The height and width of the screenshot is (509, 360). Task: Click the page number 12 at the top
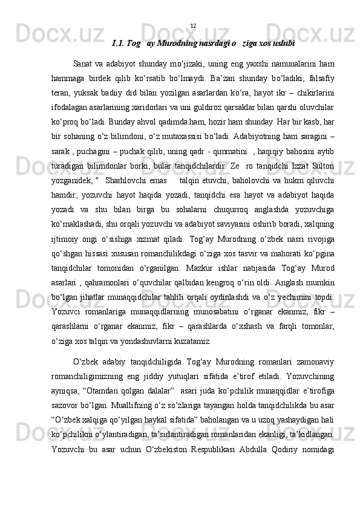[x=193, y=26]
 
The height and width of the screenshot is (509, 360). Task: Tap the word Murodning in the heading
[x=173, y=44]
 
